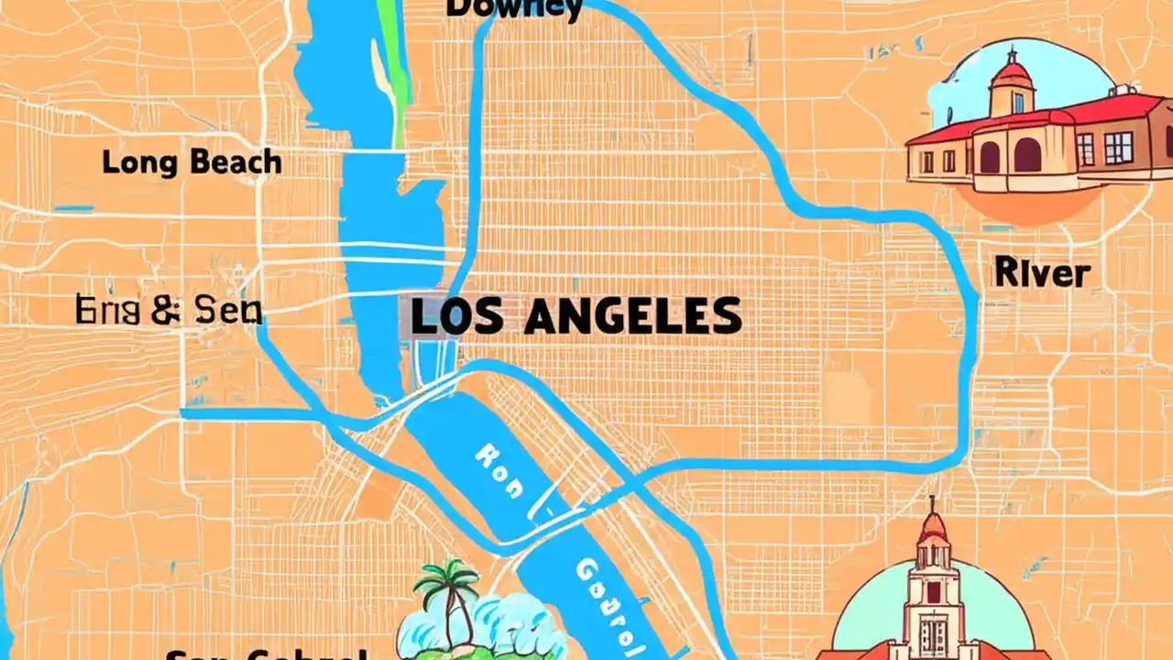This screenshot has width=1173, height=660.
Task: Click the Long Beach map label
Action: (x=192, y=163)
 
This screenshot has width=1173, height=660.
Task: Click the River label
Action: (x=1042, y=273)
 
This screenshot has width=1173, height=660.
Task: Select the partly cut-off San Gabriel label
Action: (x=266, y=653)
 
